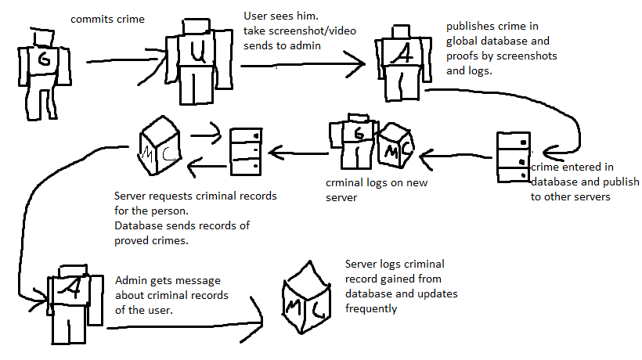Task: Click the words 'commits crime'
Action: pos(107,19)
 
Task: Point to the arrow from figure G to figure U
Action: pos(117,59)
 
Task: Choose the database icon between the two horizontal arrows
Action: pos(244,149)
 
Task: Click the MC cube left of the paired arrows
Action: pos(160,146)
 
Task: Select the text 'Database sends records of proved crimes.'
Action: pos(182,234)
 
